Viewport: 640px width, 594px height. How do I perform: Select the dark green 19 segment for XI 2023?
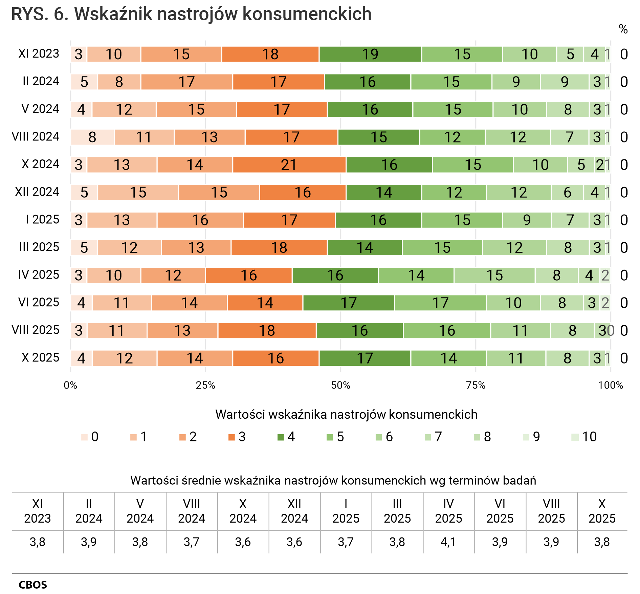point(370,54)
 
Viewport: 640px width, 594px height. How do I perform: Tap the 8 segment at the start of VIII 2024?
point(92,137)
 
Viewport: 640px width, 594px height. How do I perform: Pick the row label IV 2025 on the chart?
point(39,274)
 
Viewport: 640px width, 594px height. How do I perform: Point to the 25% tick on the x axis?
point(205,385)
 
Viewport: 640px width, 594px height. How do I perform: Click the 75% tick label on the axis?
point(476,385)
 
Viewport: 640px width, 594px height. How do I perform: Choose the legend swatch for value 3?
point(232,437)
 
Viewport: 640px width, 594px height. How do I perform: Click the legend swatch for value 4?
point(281,437)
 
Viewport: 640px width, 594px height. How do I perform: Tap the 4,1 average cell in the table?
point(448,542)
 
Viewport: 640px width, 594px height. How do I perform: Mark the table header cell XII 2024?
point(294,511)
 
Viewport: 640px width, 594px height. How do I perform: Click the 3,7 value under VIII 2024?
point(192,542)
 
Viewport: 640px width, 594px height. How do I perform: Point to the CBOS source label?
point(33,585)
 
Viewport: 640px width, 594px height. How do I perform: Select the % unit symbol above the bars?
point(623,29)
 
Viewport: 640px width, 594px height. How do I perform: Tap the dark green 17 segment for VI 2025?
point(349,303)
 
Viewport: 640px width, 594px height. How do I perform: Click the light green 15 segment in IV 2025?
point(494,275)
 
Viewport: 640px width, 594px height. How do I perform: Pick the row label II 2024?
point(41,81)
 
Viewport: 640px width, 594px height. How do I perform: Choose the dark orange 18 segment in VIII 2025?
point(267,331)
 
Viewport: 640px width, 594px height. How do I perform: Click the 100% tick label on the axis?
point(611,385)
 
